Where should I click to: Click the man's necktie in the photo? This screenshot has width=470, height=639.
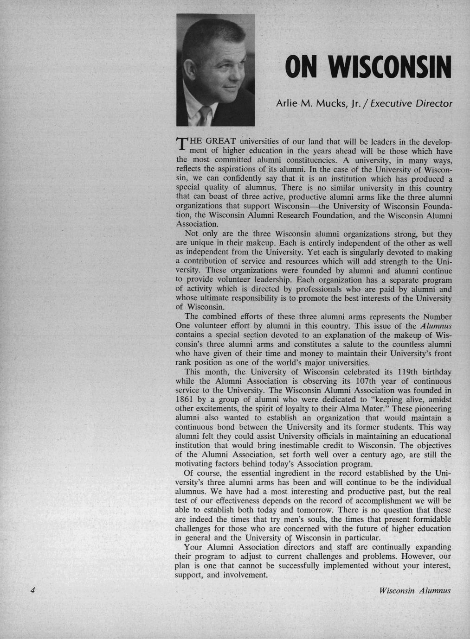tap(204, 114)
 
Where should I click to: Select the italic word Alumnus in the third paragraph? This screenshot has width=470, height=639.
tap(436, 326)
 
